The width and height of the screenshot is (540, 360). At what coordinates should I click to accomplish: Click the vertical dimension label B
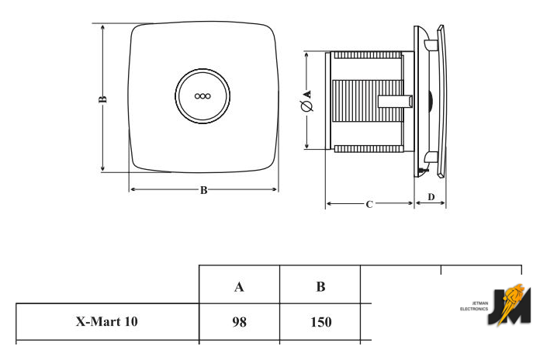102,99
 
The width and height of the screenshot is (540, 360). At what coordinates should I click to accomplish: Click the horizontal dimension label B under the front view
203,190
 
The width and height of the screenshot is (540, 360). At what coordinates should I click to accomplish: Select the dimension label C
369,204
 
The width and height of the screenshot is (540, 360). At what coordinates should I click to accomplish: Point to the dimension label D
431,196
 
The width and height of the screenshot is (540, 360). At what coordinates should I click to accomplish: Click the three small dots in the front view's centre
203,97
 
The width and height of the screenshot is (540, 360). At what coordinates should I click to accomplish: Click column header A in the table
240,287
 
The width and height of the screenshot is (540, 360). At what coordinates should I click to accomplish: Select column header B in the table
320,287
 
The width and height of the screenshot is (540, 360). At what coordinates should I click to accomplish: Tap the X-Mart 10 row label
107,320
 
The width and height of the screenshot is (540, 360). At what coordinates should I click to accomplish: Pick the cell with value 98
240,321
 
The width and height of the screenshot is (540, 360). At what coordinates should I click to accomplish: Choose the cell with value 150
320,321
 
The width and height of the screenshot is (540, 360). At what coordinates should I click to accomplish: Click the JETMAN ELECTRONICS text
474,306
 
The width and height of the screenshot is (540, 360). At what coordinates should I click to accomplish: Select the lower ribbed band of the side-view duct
368,147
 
